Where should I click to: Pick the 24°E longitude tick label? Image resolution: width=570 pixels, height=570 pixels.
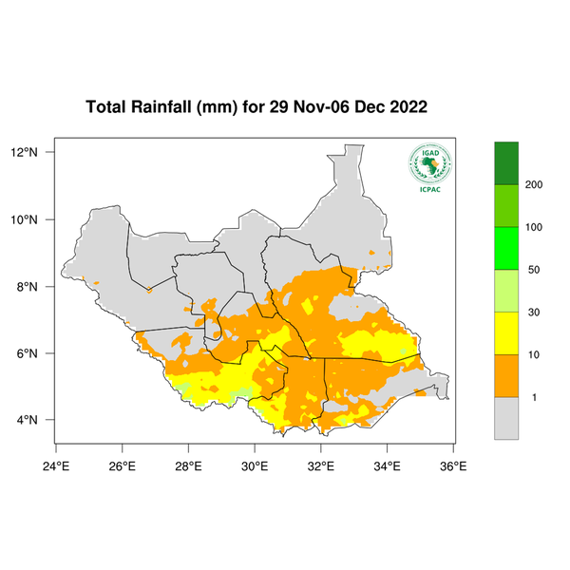[x=56, y=465]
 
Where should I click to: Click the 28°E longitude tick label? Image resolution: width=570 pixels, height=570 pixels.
[x=188, y=465]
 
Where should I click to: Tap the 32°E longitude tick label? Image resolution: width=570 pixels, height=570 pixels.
[x=320, y=465]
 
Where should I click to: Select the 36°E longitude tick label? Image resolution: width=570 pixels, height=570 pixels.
[x=452, y=465]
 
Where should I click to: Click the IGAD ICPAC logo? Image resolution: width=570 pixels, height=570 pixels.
[x=429, y=167]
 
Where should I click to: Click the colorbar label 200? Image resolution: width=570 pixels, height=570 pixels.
[x=534, y=184]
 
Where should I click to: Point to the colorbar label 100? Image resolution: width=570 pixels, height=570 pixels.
[x=534, y=227]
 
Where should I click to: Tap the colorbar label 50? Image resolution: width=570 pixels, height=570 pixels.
[x=534, y=270]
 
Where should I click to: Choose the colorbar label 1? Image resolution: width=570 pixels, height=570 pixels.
[x=534, y=397]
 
